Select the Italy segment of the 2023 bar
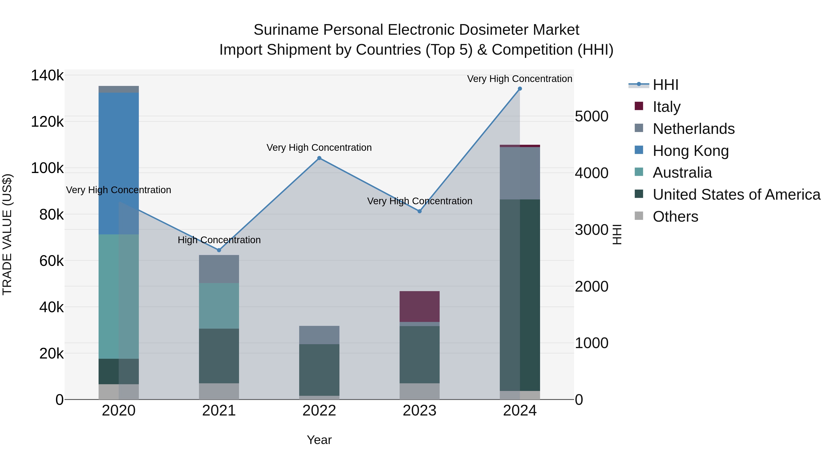pyautogui.click(x=420, y=306)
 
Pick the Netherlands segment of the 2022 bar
pyautogui.click(x=319, y=335)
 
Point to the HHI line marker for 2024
pyautogui.click(x=520, y=89)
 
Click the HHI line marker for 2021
pyautogui.click(x=219, y=250)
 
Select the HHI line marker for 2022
pyautogui.click(x=319, y=158)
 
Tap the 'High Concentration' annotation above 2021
pyautogui.click(x=219, y=240)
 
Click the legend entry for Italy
pyautogui.click(x=666, y=107)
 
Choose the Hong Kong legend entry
pyautogui.click(x=690, y=151)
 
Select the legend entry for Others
pyautogui.click(x=675, y=216)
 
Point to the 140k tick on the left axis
pyautogui.click(x=47, y=76)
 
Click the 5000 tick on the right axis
pyautogui.click(x=591, y=116)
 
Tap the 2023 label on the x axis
pyautogui.click(x=420, y=411)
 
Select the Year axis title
pyautogui.click(x=319, y=440)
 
